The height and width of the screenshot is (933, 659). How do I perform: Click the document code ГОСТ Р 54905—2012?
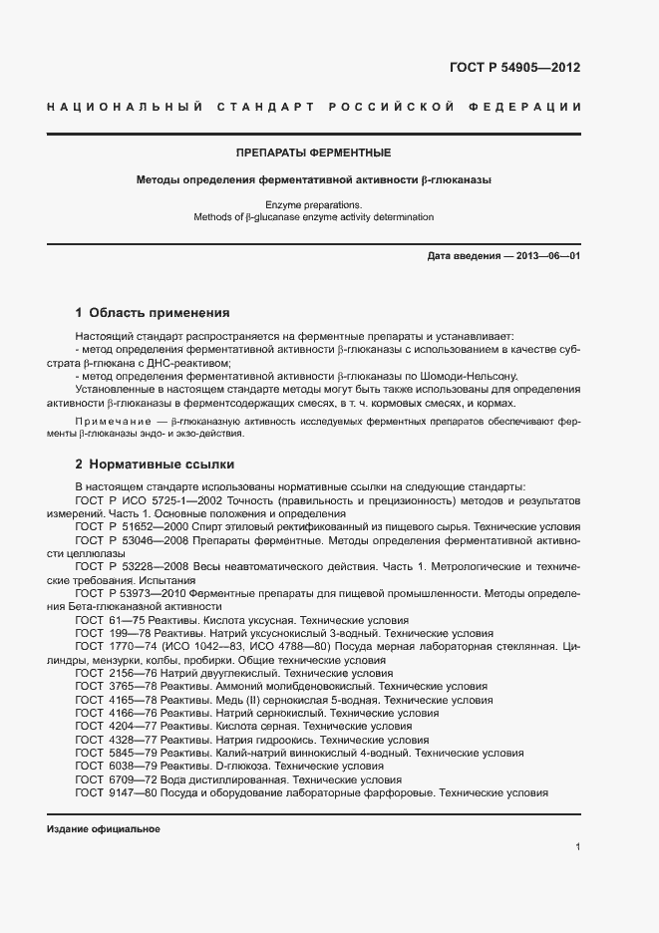pos(515,69)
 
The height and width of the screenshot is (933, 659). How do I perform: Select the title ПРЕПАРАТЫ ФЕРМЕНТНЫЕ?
pos(313,153)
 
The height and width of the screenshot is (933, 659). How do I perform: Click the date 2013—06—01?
pos(548,257)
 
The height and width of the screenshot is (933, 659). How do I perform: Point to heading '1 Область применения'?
pos(153,312)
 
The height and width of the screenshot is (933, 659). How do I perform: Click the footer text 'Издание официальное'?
pos(103,829)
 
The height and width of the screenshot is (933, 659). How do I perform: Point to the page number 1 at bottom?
pos(577,848)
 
